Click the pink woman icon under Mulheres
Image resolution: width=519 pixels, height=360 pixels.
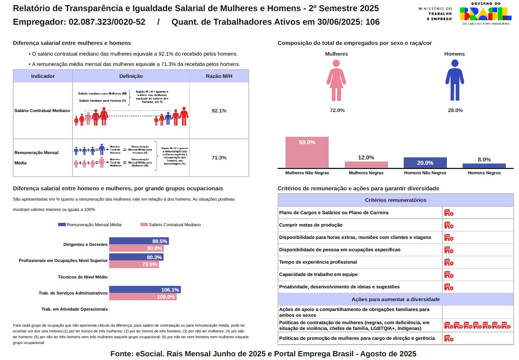click(336, 80)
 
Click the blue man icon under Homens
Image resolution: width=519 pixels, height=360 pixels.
click(455, 80)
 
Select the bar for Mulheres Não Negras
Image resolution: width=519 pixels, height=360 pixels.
click(307, 152)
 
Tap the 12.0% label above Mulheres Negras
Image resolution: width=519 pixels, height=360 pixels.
click(366, 157)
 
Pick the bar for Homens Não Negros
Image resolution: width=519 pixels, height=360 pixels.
click(425, 163)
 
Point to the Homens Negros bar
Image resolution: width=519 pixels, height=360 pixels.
click(484, 166)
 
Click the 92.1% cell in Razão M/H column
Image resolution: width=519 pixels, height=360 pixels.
click(219, 111)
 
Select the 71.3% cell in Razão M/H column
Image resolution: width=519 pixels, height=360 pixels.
click(219, 158)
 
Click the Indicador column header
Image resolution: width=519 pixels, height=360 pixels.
click(43, 76)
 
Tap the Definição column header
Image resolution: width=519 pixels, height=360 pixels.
click(131, 76)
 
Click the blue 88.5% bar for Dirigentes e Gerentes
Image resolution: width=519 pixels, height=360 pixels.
click(139, 241)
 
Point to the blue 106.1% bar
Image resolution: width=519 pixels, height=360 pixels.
click(145, 290)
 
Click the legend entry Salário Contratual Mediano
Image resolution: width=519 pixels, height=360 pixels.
click(171, 224)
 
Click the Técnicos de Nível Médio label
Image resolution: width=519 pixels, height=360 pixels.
click(83, 277)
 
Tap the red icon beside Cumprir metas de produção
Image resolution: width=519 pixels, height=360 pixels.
click(449, 225)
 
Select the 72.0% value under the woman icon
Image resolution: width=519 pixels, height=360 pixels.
click(337, 110)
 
